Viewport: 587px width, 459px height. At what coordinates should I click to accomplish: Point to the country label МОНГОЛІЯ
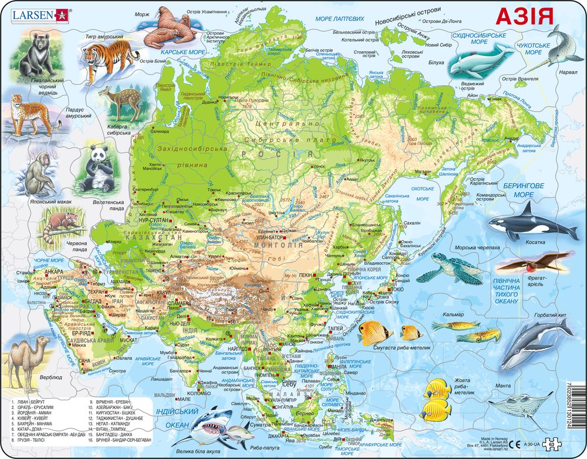(282, 244)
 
